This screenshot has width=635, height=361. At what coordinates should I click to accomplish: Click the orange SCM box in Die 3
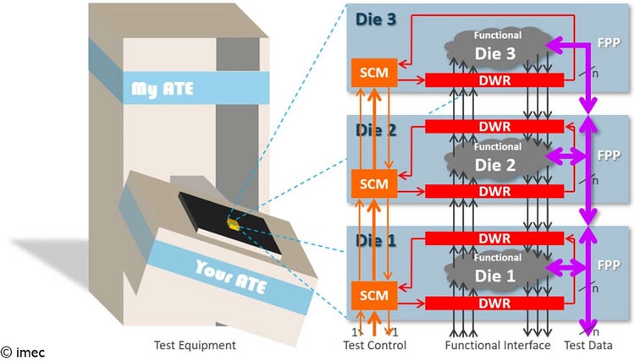(x=374, y=73)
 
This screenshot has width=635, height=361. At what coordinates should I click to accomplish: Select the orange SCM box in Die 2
(x=374, y=184)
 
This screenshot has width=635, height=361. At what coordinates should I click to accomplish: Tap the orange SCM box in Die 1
(x=374, y=295)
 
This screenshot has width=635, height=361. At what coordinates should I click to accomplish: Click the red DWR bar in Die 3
(x=494, y=80)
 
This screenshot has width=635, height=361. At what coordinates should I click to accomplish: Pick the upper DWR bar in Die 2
(x=494, y=127)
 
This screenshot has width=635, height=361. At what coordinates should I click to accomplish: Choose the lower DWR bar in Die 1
(x=494, y=304)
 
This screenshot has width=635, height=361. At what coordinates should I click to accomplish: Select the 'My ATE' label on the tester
(x=163, y=89)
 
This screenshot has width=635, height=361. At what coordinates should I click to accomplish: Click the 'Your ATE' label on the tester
(x=231, y=277)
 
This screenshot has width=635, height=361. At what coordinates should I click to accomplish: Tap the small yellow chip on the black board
(x=233, y=223)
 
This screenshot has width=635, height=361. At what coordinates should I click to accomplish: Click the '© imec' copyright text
(x=23, y=353)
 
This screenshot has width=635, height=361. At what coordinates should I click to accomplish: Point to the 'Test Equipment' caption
(x=195, y=345)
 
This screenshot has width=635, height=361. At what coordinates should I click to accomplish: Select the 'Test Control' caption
(x=374, y=345)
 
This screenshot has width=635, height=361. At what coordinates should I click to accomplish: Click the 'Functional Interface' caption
(x=498, y=345)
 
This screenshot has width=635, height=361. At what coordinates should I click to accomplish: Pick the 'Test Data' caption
(x=588, y=345)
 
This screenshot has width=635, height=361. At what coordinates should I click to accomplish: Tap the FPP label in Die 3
(x=609, y=42)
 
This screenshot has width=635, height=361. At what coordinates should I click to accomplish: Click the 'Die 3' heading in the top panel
(x=375, y=19)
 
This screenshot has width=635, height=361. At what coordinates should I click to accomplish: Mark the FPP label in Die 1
(x=609, y=265)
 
